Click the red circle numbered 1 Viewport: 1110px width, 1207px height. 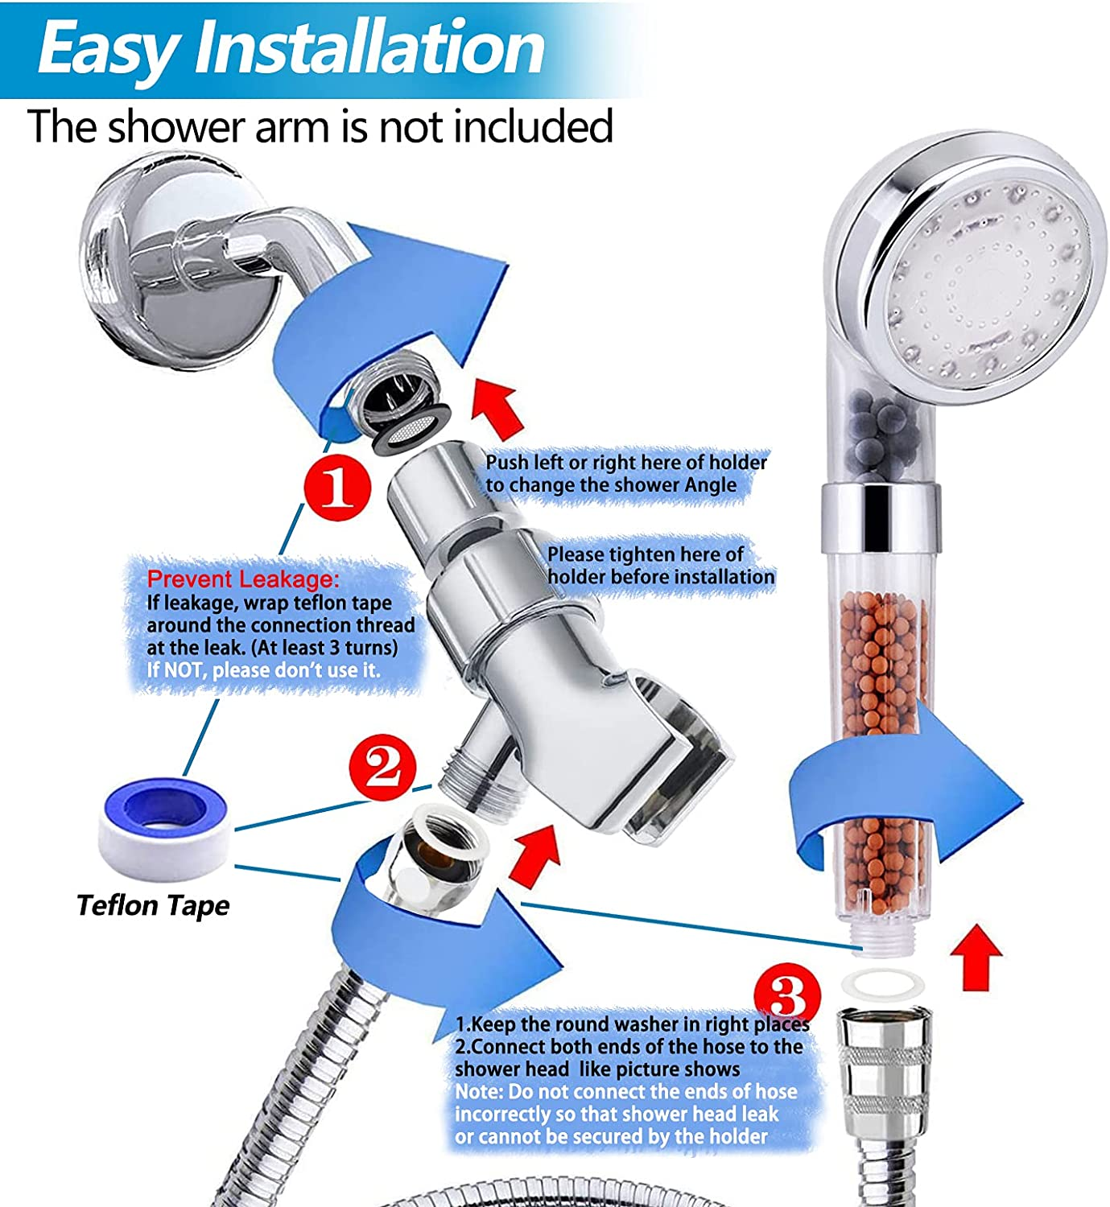pos(336,488)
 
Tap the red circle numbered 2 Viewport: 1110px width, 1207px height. pos(382,767)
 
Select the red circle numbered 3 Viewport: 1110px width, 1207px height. pos(787,996)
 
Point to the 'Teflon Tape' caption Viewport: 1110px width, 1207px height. pos(153,905)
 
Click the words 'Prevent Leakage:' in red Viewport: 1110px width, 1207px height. pos(243,579)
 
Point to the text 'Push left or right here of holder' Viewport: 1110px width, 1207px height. pos(626,462)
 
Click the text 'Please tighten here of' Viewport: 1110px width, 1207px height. pos(646,554)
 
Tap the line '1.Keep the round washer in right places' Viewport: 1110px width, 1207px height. pos(632,1024)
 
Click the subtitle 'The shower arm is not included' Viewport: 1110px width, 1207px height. pos(320,126)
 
